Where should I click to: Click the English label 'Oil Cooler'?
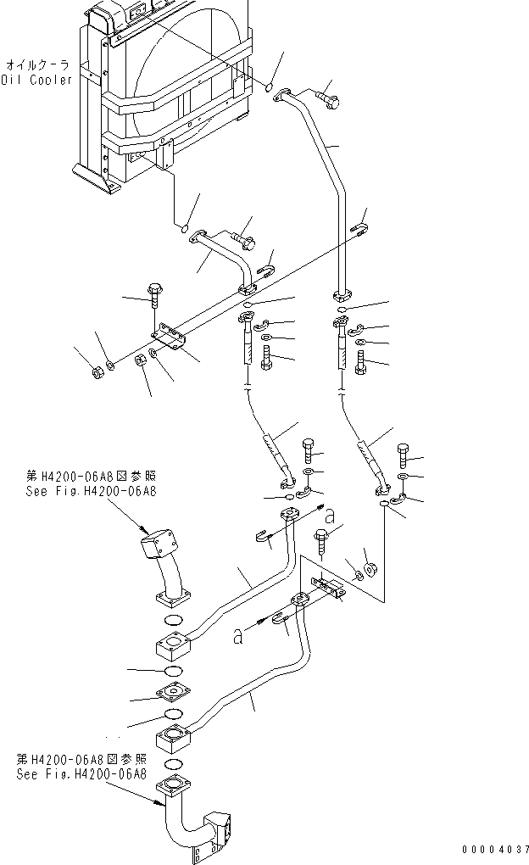36,80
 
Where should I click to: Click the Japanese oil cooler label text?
38,64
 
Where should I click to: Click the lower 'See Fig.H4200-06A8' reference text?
81,774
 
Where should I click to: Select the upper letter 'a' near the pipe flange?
330,514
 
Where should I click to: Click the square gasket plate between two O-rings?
175,693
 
